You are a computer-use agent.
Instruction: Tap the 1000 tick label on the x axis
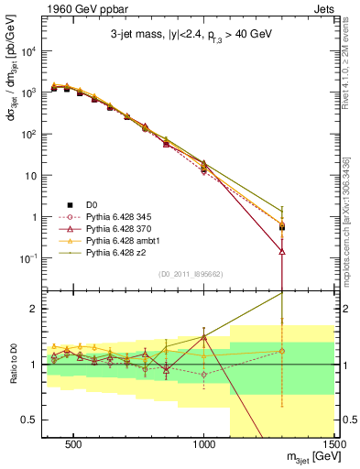pyautogui.click(x=204, y=442)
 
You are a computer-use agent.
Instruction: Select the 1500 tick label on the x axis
pyautogui.click(x=334, y=442)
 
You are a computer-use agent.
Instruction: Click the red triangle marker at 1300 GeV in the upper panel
pyautogui.click(x=282, y=250)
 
